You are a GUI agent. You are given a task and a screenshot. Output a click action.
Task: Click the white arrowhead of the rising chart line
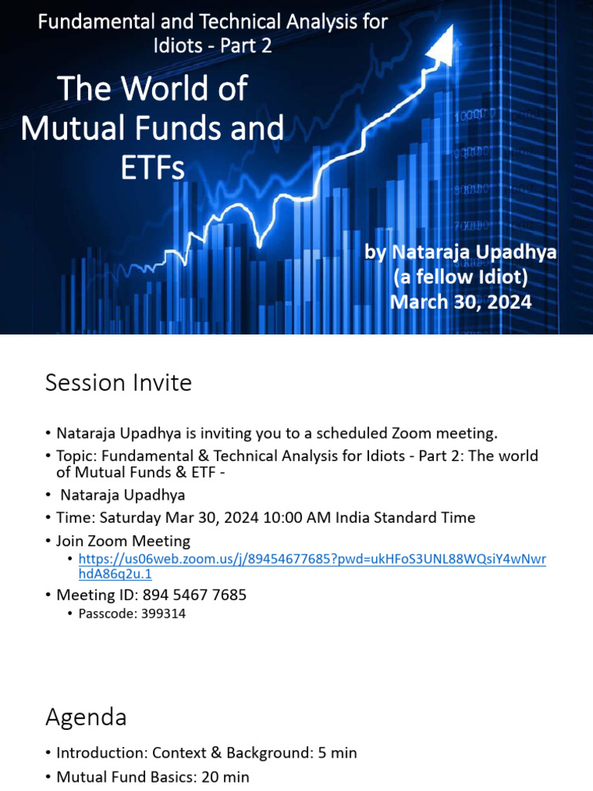[455, 48]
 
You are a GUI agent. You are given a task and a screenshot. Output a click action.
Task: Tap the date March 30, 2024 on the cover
[461, 301]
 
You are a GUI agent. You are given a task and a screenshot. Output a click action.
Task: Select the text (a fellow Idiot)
[461, 276]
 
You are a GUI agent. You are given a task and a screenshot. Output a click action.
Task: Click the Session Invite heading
[118, 382]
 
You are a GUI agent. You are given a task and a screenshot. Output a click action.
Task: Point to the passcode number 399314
[158, 614]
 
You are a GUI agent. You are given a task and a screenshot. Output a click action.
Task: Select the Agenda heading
[86, 717]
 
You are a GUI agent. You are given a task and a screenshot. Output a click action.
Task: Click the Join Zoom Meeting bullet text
[123, 541]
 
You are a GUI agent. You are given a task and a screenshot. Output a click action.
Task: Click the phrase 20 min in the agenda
[223, 776]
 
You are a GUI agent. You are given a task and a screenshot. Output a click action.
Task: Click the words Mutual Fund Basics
[121, 776]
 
